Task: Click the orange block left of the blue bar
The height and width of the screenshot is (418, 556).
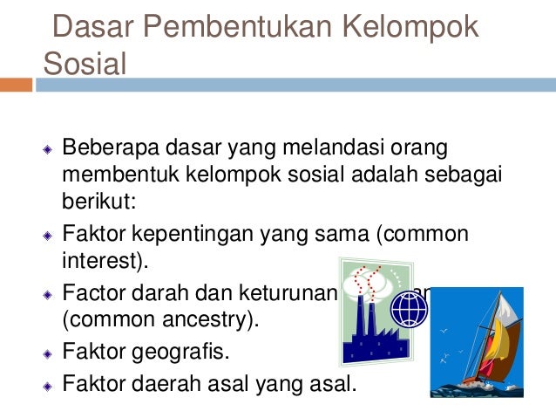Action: (16, 85)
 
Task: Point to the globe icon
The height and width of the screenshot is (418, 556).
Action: (409, 308)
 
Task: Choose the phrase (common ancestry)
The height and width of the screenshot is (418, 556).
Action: (159, 320)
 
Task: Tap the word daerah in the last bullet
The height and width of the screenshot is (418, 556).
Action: (167, 381)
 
